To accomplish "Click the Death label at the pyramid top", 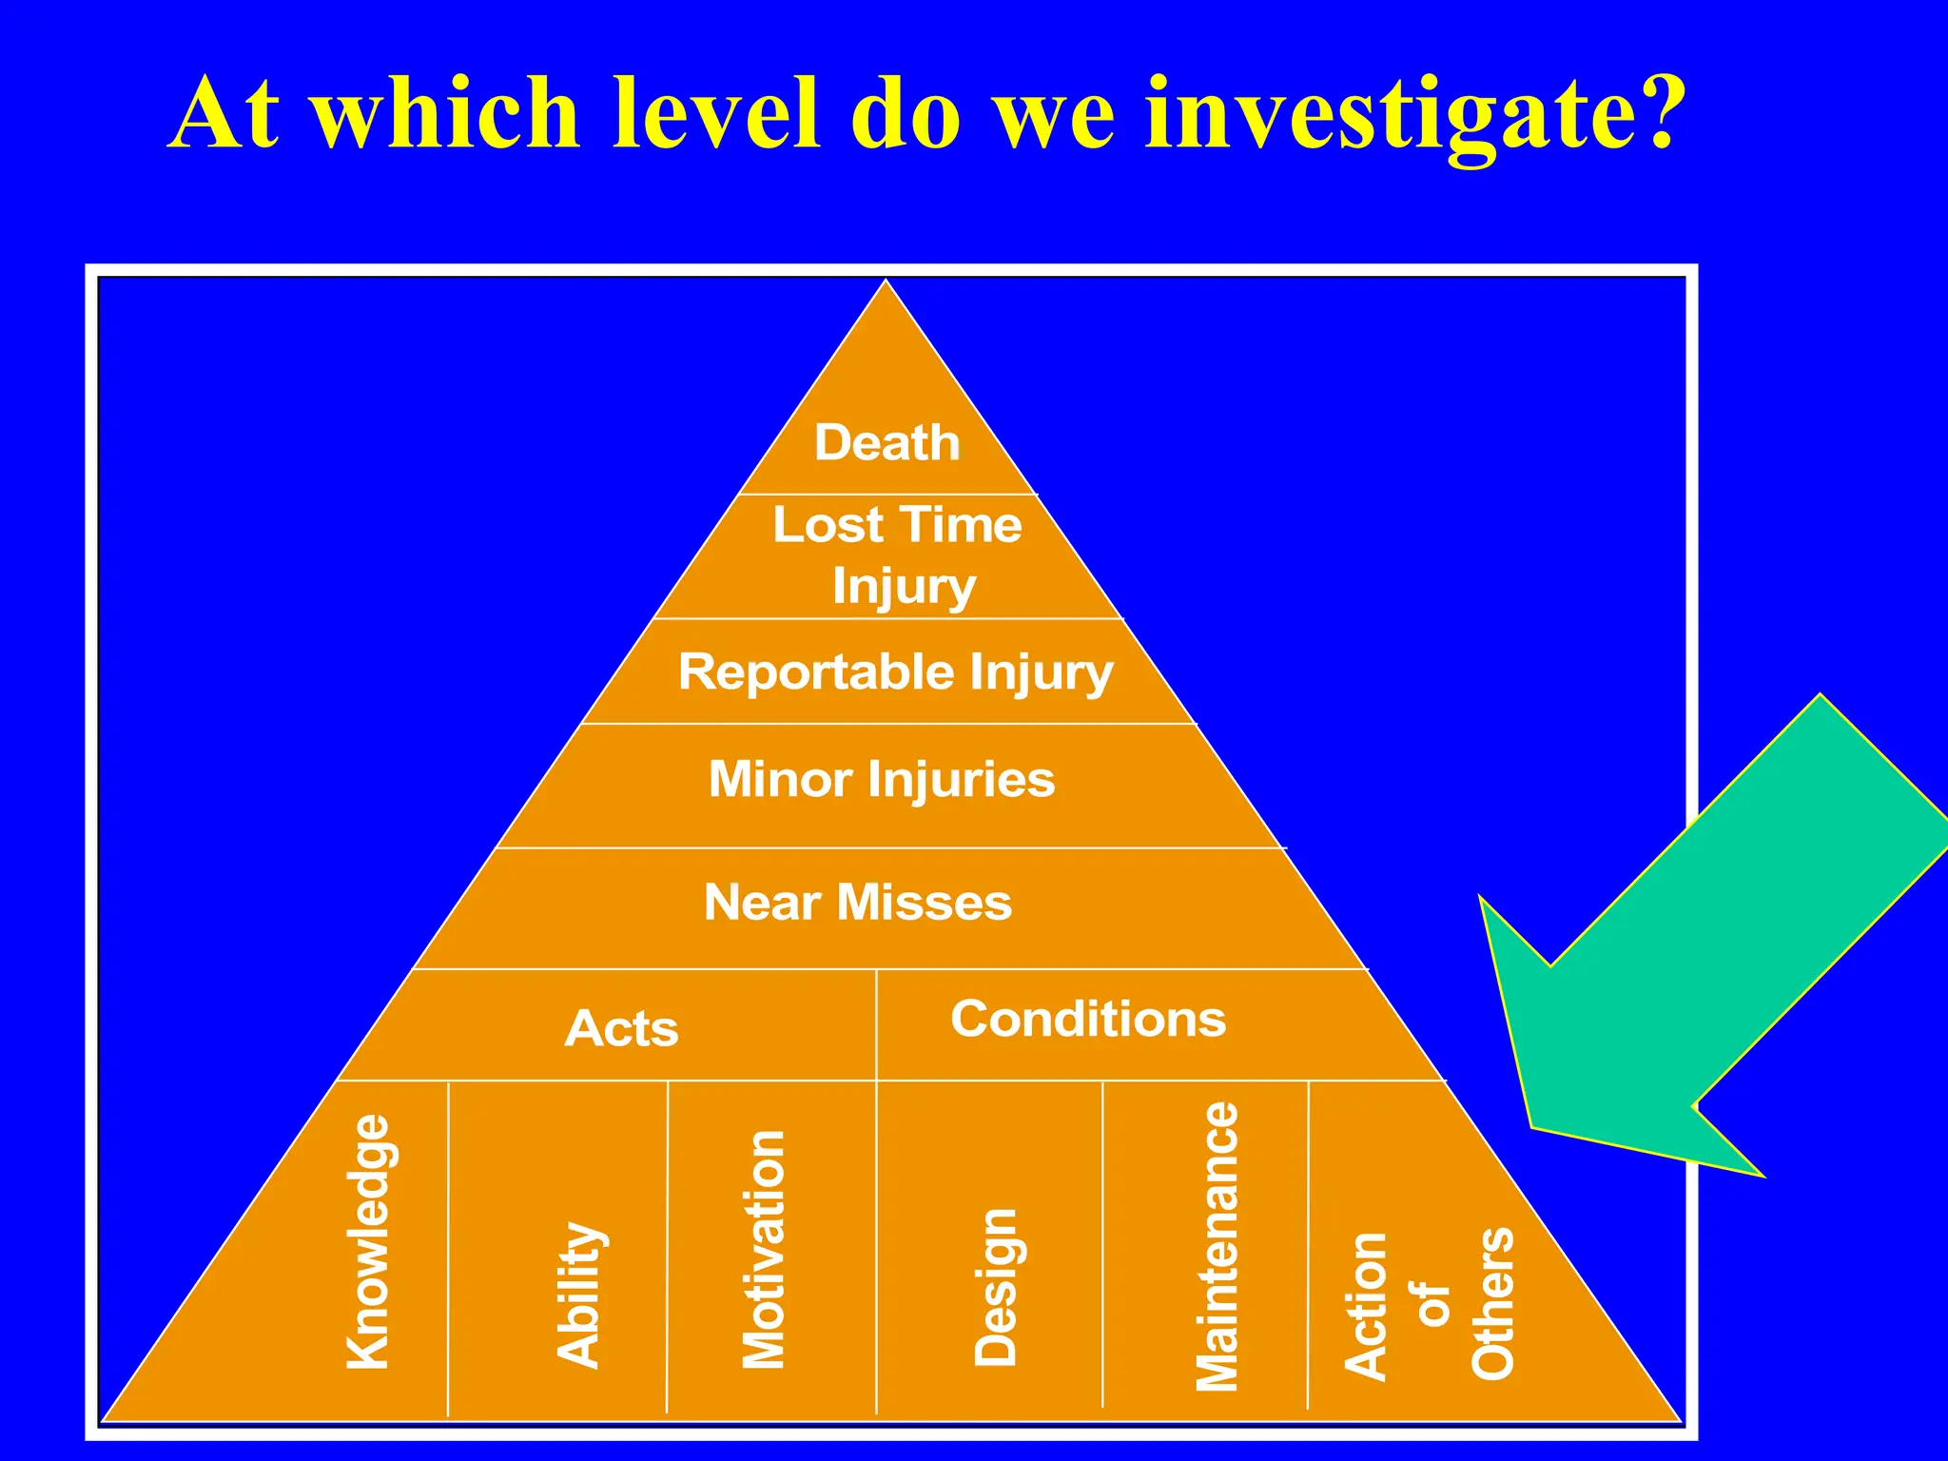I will pyautogui.click(x=886, y=443).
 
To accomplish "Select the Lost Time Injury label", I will pyautogui.click(x=897, y=555).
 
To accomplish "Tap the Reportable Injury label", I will pyautogui.click(x=895, y=672).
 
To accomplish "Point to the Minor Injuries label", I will pyautogui.click(x=882, y=779).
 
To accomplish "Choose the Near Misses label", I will pyautogui.click(x=857, y=902).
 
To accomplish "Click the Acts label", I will pyautogui.click(x=621, y=1028).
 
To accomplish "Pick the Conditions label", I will pyautogui.click(x=1088, y=1020).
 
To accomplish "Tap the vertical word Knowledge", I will pyautogui.click(x=368, y=1241).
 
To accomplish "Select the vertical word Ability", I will pyautogui.click(x=579, y=1295).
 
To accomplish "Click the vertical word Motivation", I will pyautogui.click(x=764, y=1249).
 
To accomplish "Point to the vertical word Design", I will pyautogui.click(x=996, y=1287).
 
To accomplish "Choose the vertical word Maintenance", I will pyautogui.click(x=1217, y=1246).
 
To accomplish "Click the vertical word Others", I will pyautogui.click(x=1493, y=1303).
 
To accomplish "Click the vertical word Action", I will pyautogui.click(x=1366, y=1306).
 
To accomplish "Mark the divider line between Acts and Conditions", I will pyautogui.click(x=876, y=1025).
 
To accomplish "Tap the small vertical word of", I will pyautogui.click(x=1432, y=1304).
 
